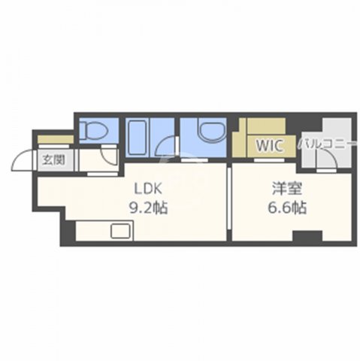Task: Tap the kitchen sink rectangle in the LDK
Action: tap(120, 232)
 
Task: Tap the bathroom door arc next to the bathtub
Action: tap(165, 149)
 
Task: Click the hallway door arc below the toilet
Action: tap(110, 156)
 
